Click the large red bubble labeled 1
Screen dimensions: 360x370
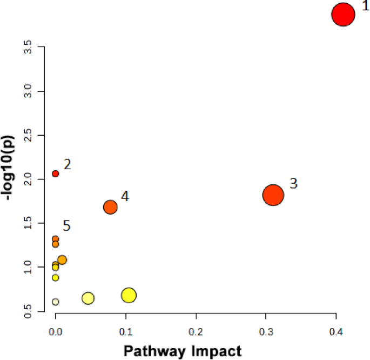[x=343, y=15]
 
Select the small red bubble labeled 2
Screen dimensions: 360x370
[x=55, y=174]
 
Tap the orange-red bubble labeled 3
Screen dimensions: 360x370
[x=273, y=195]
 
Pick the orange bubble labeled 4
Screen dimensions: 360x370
[x=110, y=207]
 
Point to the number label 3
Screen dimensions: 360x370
[x=293, y=183]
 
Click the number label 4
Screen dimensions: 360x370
[x=125, y=196]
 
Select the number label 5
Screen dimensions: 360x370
[x=66, y=226]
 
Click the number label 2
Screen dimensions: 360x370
[x=67, y=164]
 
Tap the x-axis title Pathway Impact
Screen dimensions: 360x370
[x=183, y=351]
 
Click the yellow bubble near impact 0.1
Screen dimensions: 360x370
[x=129, y=295]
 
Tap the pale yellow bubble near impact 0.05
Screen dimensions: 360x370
[x=88, y=298]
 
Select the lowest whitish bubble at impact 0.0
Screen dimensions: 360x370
[x=55, y=302]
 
